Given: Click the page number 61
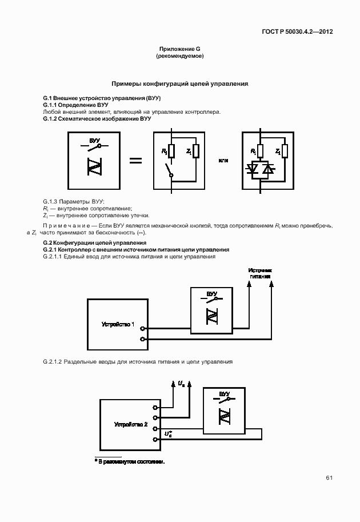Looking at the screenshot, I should coord(329,478).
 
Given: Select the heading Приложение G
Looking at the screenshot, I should coord(179,50).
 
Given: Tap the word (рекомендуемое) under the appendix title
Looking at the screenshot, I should coord(179,57).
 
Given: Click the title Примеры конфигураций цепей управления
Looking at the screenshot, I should coord(179,83).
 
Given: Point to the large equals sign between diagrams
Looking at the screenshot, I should coord(135,161).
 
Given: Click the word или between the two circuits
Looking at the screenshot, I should coord(223,161).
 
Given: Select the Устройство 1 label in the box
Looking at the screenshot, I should coord(118,324).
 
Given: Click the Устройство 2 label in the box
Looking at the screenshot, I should coord(131,425).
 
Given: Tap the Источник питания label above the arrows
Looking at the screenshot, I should coord(259,273).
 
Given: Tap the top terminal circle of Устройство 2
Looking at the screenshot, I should coord(155,408).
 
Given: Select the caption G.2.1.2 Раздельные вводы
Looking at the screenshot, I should coord(137,362).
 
